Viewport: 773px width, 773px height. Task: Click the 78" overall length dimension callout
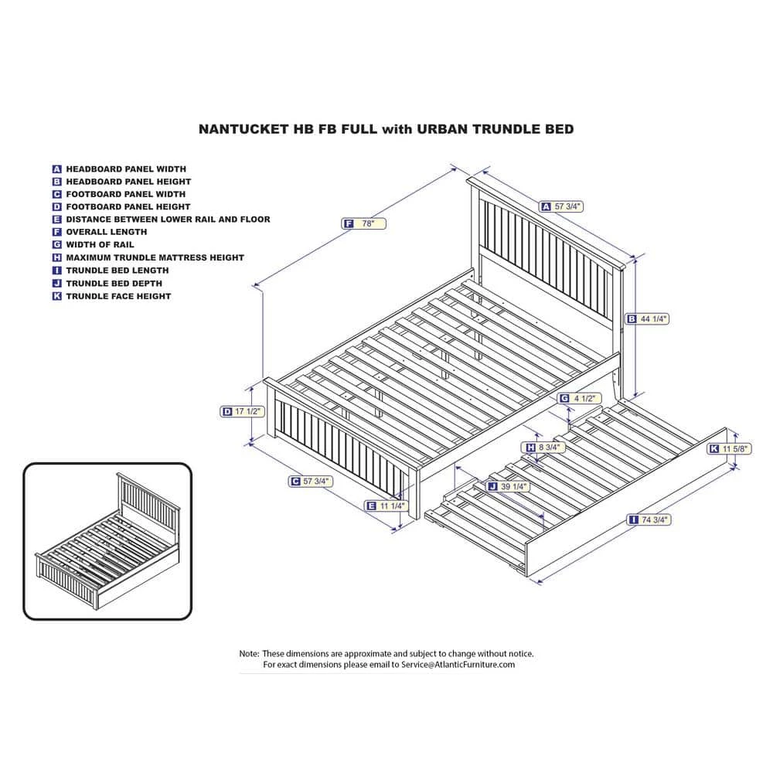364,224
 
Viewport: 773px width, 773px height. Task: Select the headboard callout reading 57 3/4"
562,206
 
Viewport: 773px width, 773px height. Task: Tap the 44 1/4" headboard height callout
647,319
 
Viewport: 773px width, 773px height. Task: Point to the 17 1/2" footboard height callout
242,412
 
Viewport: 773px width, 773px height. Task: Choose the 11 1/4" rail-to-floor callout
386,506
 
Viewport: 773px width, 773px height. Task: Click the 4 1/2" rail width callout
579,398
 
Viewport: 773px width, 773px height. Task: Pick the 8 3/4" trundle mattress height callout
543,447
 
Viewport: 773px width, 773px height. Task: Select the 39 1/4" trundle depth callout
509,486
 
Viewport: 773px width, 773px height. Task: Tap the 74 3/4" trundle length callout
649,519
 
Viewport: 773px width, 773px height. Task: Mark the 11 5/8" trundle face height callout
730,449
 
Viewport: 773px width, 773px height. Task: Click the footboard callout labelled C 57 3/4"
311,481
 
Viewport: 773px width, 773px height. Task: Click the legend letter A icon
56,169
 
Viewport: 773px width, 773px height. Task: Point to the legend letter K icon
56,296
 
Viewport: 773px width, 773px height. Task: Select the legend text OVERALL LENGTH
107,232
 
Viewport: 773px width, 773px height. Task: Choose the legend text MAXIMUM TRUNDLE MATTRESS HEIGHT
155,258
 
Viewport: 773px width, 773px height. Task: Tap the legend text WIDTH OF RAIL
100,244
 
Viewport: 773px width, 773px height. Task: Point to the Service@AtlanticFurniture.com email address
458,665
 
